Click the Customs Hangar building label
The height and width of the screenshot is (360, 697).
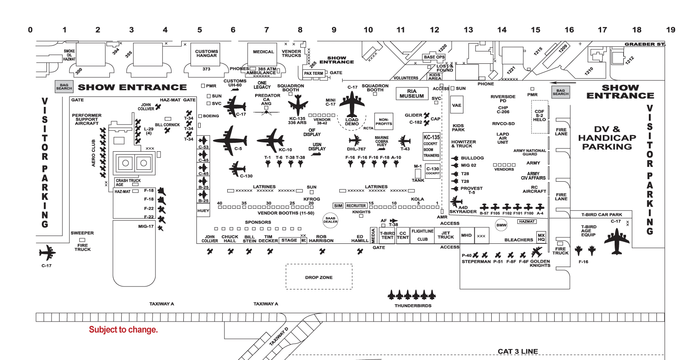tap(207, 54)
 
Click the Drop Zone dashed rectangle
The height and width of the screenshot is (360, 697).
tap(319, 277)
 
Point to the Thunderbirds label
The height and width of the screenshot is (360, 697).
tap(413, 305)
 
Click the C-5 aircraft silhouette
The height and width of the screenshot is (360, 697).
tap(230, 140)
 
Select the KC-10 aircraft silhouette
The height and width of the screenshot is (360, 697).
tap(271, 141)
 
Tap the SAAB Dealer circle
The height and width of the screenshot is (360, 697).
tap(330, 220)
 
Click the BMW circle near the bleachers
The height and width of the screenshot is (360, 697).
tap(501, 225)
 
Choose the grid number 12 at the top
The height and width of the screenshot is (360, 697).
tap(434, 30)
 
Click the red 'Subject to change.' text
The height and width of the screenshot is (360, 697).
tap(123, 330)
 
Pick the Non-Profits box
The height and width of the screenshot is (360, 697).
tap(384, 122)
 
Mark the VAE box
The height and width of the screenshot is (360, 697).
tap(457, 105)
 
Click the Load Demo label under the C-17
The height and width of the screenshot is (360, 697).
tap(351, 122)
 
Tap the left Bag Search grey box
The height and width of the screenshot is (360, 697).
tap(64, 87)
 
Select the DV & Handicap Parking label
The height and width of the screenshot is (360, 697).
tap(607, 138)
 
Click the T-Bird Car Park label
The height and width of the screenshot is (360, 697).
tap(602, 215)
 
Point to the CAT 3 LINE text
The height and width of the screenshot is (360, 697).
tap(517, 352)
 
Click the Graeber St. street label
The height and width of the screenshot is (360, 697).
tap(644, 44)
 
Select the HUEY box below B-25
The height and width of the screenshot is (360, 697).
tap(203, 210)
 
